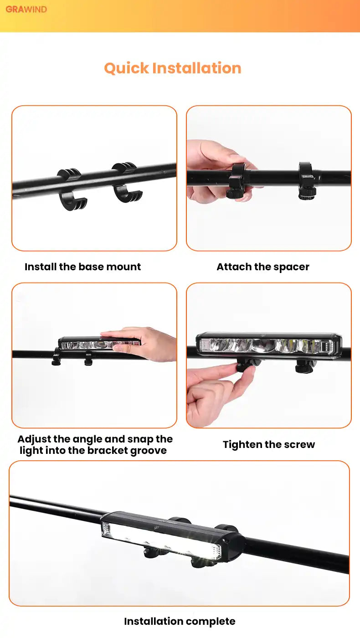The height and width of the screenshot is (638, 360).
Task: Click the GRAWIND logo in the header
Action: (26, 10)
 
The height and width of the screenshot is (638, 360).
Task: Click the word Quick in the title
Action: (127, 69)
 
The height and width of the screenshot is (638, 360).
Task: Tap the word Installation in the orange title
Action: (197, 68)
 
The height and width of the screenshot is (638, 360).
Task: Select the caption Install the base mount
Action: (82, 267)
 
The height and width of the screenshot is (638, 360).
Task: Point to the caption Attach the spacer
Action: (263, 267)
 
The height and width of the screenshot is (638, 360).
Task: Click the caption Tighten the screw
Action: (269, 445)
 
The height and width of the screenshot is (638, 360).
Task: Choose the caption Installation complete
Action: (180, 621)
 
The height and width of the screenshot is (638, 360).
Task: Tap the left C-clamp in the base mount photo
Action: (71, 190)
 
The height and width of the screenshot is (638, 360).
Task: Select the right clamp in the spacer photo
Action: (306, 180)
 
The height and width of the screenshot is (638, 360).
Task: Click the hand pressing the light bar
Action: (142, 343)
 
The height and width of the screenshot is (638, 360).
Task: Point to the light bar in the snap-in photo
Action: (100, 344)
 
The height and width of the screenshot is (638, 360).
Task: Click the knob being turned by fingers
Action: (247, 365)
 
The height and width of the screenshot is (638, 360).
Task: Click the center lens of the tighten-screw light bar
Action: (263, 346)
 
